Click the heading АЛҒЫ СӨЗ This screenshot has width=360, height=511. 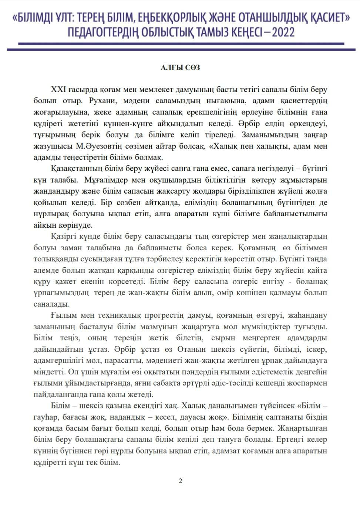click(x=180, y=68)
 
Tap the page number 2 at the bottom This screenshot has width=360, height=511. click(x=180, y=481)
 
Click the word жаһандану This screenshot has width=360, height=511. click(x=309, y=315)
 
